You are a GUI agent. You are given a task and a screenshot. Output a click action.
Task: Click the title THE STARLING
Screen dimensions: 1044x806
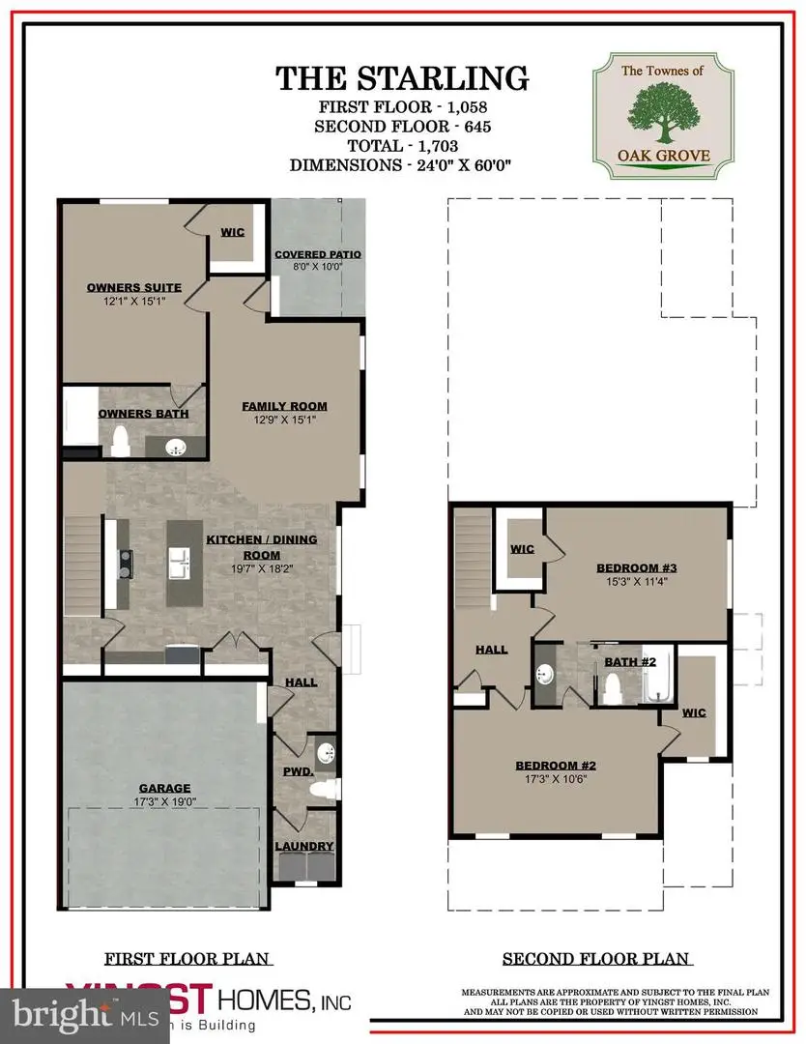402,78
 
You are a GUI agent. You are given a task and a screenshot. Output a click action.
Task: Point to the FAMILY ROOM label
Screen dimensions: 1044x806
284,406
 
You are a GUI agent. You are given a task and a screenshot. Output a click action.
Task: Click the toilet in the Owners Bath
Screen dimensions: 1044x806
121,442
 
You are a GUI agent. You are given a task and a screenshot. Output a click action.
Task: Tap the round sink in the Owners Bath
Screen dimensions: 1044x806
175,446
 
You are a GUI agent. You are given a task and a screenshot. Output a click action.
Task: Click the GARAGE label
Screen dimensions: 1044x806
163,788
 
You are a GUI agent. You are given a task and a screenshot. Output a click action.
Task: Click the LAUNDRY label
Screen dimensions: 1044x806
304,847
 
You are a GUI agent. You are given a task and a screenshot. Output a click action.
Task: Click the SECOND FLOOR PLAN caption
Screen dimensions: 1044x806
596,959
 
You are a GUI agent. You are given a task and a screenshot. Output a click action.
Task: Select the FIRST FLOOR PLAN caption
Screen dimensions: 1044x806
187,959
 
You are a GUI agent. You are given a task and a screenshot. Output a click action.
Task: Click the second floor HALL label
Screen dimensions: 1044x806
491,650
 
